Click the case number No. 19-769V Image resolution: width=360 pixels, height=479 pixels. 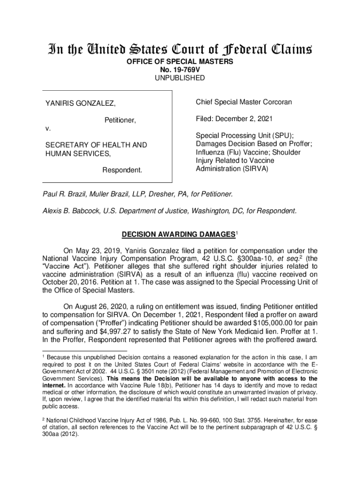[x=180, y=70]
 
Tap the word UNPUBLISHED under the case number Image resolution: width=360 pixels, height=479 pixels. [x=180, y=78]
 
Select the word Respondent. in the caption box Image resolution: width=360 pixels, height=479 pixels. [x=122, y=169]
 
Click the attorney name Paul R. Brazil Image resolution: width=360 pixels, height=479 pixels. [x=65, y=194]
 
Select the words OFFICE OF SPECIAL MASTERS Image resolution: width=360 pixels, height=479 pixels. [x=180, y=62]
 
